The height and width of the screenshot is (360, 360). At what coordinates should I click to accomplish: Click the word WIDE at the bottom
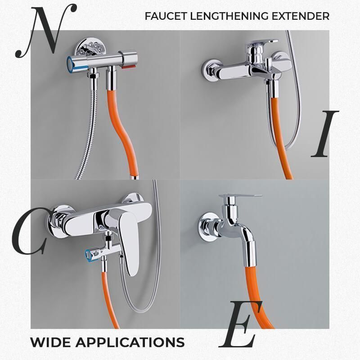(51, 342)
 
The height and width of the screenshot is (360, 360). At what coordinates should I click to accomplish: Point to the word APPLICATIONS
(130, 342)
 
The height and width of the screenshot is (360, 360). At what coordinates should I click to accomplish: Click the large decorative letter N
(46, 31)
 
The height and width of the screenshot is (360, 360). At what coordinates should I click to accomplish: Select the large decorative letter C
(29, 231)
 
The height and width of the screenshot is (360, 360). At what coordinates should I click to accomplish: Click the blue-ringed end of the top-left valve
(70, 64)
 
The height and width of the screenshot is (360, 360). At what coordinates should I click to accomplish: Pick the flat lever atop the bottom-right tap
(240, 197)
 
